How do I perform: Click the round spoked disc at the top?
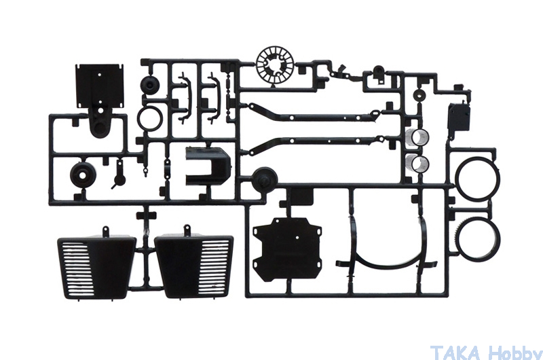pos(276,66)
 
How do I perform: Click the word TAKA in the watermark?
pos(455,353)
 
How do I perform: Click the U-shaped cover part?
pos(208,166)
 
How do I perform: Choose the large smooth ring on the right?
pos(478,179)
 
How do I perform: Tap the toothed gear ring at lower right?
pos(478,239)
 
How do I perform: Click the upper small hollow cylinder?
pos(417,136)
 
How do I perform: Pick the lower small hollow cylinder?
pos(417,163)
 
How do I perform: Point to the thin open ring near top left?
pos(150,118)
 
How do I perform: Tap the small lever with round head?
pos(119,177)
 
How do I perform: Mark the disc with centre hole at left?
pos(83,175)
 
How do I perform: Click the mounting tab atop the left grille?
pos(105,230)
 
